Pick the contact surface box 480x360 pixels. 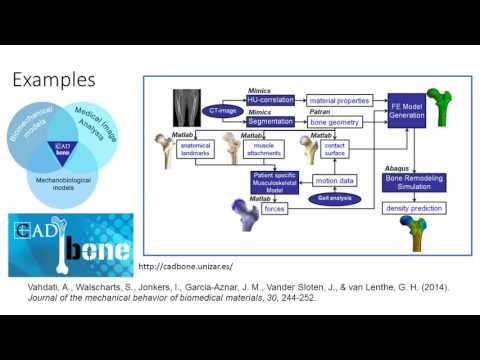(x=335, y=148)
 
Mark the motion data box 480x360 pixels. (x=334, y=181)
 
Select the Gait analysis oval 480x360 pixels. (x=334, y=199)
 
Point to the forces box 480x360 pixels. (x=275, y=208)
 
